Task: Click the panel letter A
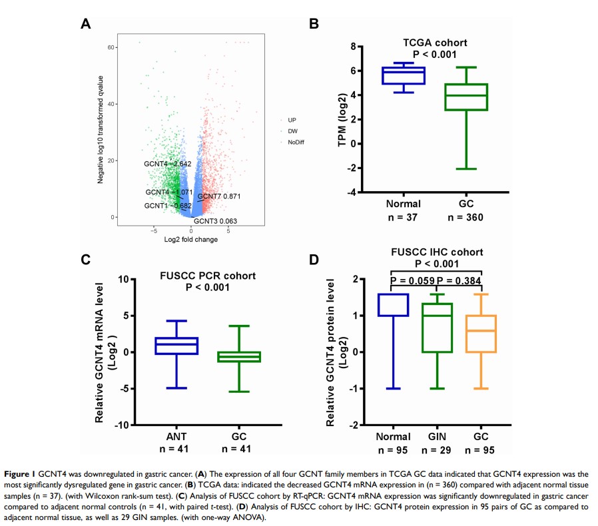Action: pyautogui.click(x=85, y=25)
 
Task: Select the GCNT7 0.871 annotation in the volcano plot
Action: pyautogui.click(x=219, y=196)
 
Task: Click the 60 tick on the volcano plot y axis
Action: pyautogui.click(x=112, y=47)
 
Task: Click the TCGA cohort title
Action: pyautogui.click(x=435, y=43)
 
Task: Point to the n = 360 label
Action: pyautogui.click(x=466, y=217)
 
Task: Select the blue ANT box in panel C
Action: pyautogui.click(x=176, y=346)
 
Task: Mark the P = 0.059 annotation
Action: pyautogui.click(x=413, y=280)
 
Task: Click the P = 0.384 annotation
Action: pyautogui.click(x=459, y=280)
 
